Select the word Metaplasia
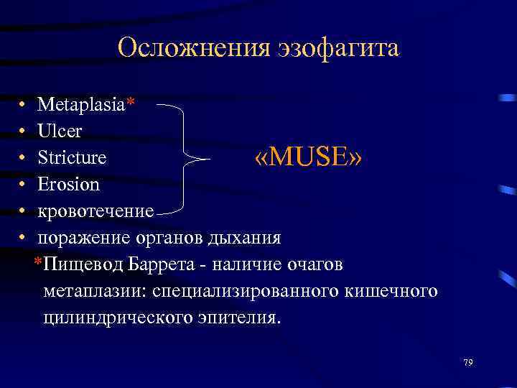(x=81, y=105)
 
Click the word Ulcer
(x=60, y=131)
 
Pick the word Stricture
(x=72, y=157)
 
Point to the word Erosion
(x=68, y=184)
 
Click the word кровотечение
(x=96, y=211)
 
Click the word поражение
(x=79, y=237)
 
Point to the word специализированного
(x=242, y=291)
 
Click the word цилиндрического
(x=118, y=318)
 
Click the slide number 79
(x=467, y=361)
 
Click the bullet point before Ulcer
(x=24, y=132)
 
